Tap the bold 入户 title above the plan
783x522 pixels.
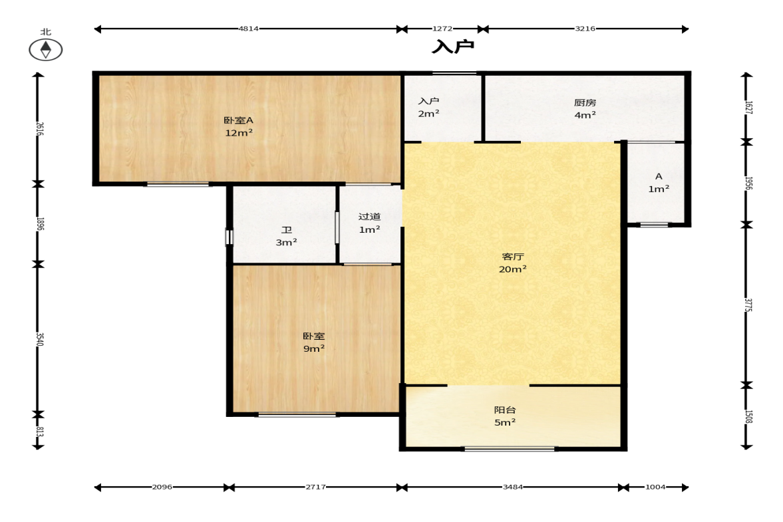tap(453, 47)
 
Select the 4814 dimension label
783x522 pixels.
tap(248, 29)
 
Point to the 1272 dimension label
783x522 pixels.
tap(442, 29)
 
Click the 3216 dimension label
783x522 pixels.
tap(585, 29)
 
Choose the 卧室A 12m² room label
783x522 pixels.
tap(238, 126)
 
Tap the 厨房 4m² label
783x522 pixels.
tap(585, 109)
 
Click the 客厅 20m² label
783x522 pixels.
tap(513, 263)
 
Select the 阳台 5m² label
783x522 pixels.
tap(505, 416)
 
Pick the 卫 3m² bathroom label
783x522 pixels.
tap(287, 236)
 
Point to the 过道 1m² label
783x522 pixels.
tap(369, 223)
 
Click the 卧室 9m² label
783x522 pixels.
tap(314, 342)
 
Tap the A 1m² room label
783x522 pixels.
tap(659, 183)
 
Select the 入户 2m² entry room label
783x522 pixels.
tap(429, 107)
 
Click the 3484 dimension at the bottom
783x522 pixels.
tap(513, 487)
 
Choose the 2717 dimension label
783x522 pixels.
tap(315, 487)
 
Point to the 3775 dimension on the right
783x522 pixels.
tap(748, 305)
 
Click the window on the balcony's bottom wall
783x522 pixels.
tap(510, 449)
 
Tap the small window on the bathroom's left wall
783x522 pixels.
tap(230, 237)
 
